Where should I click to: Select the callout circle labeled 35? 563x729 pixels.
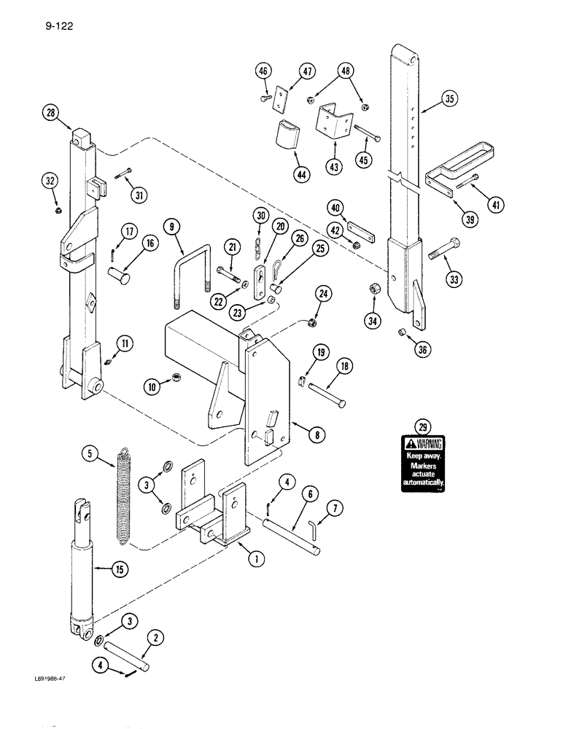pyautogui.click(x=449, y=100)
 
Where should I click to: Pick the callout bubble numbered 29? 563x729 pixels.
pyautogui.click(x=420, y=426)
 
